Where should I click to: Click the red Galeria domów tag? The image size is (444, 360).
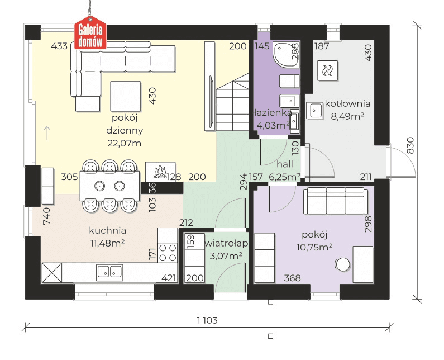[90, 32]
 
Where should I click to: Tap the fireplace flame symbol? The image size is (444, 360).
[160, 172]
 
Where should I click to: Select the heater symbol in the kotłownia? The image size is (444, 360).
[328, 70]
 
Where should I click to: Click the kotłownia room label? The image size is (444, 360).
[347, 103]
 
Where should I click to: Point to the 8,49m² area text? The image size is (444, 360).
[347, 116]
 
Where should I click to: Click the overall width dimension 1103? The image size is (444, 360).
[207, 320]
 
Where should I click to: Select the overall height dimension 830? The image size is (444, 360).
[410, 145]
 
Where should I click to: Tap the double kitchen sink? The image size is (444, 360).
[109, 272]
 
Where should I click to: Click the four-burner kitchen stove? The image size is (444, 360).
[168, 253]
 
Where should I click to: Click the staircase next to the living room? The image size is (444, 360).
[232, 102]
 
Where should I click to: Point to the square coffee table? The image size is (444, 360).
[126, 96]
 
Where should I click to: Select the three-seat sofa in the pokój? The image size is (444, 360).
[336, 201]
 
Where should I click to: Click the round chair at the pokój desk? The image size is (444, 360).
[342, 265]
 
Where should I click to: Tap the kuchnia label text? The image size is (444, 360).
[108, 230]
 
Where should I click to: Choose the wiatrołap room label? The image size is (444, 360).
[226, 243]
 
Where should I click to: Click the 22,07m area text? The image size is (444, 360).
[125, 144]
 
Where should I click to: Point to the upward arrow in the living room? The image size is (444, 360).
[47, 133]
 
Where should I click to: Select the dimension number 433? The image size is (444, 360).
[59, 46]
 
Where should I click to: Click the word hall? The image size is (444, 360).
[285, 164]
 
